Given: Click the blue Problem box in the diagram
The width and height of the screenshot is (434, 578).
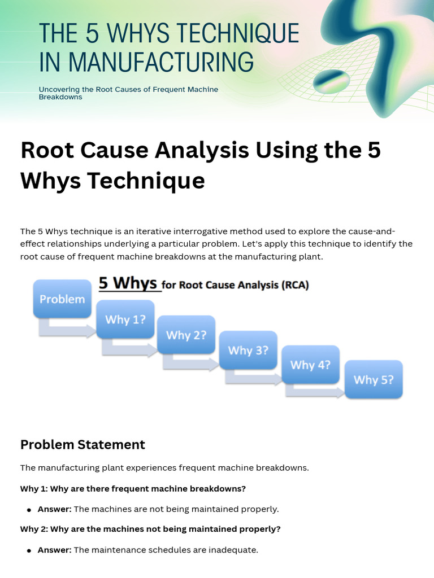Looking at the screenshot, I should (x=62, y=299).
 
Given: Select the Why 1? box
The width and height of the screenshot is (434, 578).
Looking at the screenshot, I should (x=125, y=319).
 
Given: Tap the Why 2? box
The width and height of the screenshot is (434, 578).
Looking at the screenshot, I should (x=186, y=335).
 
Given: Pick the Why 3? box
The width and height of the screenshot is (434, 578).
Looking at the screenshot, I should (x=248, y=350).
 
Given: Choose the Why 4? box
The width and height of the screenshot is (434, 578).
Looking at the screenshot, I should (x=310, y=365).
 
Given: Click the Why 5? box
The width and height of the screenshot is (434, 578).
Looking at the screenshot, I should (x=374, y=379).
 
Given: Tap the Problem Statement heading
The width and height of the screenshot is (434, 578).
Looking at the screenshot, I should (x=83, y=444).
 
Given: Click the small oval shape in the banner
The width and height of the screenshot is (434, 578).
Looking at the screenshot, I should (x=332, y=81).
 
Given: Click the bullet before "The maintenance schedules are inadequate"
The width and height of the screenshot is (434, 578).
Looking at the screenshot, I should (x=29, y=550).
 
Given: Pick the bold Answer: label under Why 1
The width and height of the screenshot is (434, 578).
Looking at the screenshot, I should (x=54, y=509).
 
